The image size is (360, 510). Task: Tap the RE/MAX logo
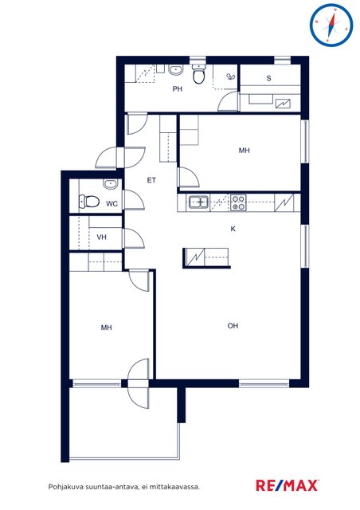pyautogui.click(x=288, y=485)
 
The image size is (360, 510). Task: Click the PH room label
pyautogui.click(x=178, y=88)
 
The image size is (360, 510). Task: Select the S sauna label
pyautogui.click(x=268, y=78)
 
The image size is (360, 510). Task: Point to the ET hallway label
pyautogui.click(x=151, y=180)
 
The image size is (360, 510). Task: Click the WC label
pyautogui.click(x=112, y=204)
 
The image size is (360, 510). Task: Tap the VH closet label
pyautogui.click(x=101, y=237)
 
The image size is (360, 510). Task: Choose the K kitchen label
pyautogui.click(x=233, y=229)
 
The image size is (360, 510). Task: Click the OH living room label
pyautogui.click(x=233, y=326)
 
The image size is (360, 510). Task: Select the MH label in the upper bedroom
pyautogui.click(x=245, y=151)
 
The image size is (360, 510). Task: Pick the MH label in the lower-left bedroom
pyautogui.click(x=107, y=328)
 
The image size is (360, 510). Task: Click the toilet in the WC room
pyautogui.click(x=89, y=202)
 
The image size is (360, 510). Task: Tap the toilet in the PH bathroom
pyautogui.click(x=198, y=74)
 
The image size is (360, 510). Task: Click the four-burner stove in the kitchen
pyautogui.click(x=238, y=202)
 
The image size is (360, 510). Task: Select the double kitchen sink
pyautogui.click(x=198, y=202)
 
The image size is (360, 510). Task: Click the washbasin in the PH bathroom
pyautogui.click(x=176, y=69)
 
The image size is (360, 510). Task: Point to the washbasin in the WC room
pyautogui.click(x=110, y=184)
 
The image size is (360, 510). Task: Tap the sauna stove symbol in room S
pyautogui.click(x=283, y=104)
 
